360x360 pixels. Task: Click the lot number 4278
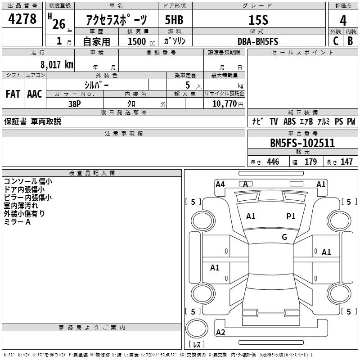[x=22, y=19]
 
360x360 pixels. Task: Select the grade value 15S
[x=258, y=20]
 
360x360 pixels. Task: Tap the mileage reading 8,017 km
[x=57, y=64]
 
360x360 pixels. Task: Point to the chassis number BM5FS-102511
[x=302, y=143]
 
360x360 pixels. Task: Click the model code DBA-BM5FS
[x=258, y=41]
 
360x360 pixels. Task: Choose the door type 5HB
[x=174, y=20]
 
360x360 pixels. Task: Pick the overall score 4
[x=343, y=20]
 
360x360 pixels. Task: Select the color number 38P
[x=75, y=104]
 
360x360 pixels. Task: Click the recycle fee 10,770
[x=224, y=104]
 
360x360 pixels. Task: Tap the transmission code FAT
[x=13, y=94]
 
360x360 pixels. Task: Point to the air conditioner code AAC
[x=35, y=94]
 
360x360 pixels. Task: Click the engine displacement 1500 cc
[x=141, y=41]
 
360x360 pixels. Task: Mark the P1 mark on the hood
[x=291, y=216]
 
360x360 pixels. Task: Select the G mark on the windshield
[x=284, y=237]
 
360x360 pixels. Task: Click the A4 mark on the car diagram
[x=220, y=184]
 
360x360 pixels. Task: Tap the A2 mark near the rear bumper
[x=220, y=333]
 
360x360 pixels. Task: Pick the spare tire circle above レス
[x=197, y=328]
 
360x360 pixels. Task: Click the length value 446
[x=273, y=162]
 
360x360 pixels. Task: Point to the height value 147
[x=346, y=162]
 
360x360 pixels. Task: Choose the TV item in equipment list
[x=274, y=121]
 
